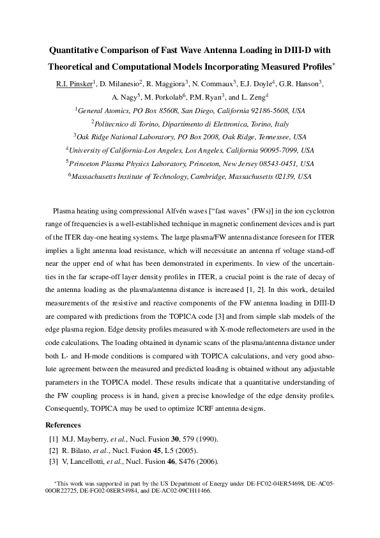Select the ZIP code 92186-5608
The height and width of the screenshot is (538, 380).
268,110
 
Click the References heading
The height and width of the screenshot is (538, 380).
63,425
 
